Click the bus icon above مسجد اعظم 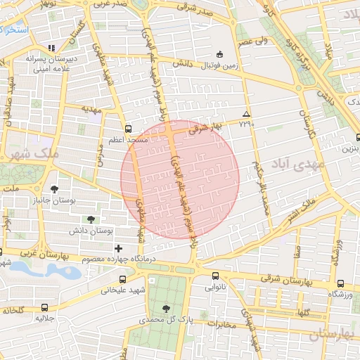pyautogui.click(x=127, y=129)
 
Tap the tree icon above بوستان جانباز pyautogui.click(x=55, y=188)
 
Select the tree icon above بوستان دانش pyautogui.click(x=89, y=219)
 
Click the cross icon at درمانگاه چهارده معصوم pyautogui.click(x=118, y=248)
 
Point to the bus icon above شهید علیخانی pyautogui.click(x=123, y=279)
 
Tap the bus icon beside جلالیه pyautogui.click(x=46, y=307)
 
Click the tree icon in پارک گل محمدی pyautogui.click(x=166, y=309)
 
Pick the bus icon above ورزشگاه pyautogui.click(x=340, y=283)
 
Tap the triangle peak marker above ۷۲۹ pyautogui.click(x=245, y=114)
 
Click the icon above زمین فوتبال pyautogui.click(x=219, y=53)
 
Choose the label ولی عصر pyautogui.click(x=251, y=41)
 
